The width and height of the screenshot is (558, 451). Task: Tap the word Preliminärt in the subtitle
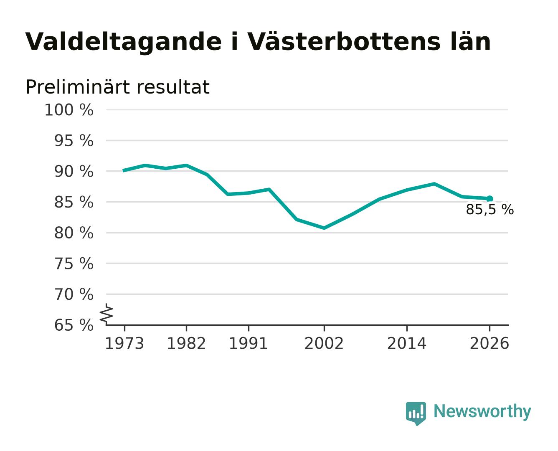[x=77, y=87]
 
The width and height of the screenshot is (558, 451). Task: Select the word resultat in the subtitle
[x=173, y=87]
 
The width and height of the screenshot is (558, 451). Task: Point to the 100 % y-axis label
[x=69, y=110]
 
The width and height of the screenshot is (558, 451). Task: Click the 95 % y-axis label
[x=74, y=141]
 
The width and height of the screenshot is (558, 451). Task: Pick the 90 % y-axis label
[x=74, y=172]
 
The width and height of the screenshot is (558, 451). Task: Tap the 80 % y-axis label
[x=74, y=233]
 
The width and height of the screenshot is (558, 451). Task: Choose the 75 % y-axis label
[x=74, y=264]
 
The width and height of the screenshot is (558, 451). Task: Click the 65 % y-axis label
[x=74, y=325]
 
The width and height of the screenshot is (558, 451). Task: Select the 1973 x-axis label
[x=124, y=344]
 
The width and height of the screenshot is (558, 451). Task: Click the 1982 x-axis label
[x=186, y=344]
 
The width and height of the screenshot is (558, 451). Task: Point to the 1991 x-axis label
[x=249, y=344]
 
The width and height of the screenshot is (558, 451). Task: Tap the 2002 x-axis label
[x=324, y=344]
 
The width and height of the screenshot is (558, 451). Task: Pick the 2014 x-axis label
[x=406, y=344]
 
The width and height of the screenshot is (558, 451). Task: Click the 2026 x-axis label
[x=490, y=344]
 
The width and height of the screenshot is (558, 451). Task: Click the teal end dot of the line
[x=490, y=199]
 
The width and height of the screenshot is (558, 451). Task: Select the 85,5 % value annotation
[x=490, y=210]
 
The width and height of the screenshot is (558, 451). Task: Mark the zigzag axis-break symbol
[x=107, y=314]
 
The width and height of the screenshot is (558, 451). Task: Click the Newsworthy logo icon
[x=416, y=413]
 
